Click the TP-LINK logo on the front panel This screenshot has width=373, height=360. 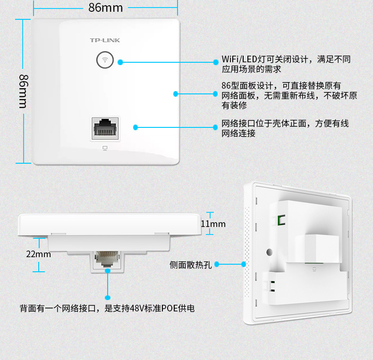point(105,40)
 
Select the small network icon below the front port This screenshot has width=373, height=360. point(105,148)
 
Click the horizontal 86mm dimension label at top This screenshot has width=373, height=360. point(105,8)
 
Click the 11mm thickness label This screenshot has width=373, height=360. point(213,224)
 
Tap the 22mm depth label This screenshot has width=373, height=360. point(38,254)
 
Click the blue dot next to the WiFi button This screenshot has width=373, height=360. point(120,62)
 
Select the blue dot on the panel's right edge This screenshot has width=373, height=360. point(176,94)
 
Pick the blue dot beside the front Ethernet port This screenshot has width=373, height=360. point(136,127)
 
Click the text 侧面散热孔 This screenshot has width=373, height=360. point(190,264)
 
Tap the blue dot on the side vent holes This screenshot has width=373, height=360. point(244,264)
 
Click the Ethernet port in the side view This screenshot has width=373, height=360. point(108,259)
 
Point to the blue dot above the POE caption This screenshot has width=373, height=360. point(108,298)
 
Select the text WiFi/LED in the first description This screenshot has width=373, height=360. point(238,59)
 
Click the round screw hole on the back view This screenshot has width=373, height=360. point(270,252)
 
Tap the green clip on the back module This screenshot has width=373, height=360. point(280,220)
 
